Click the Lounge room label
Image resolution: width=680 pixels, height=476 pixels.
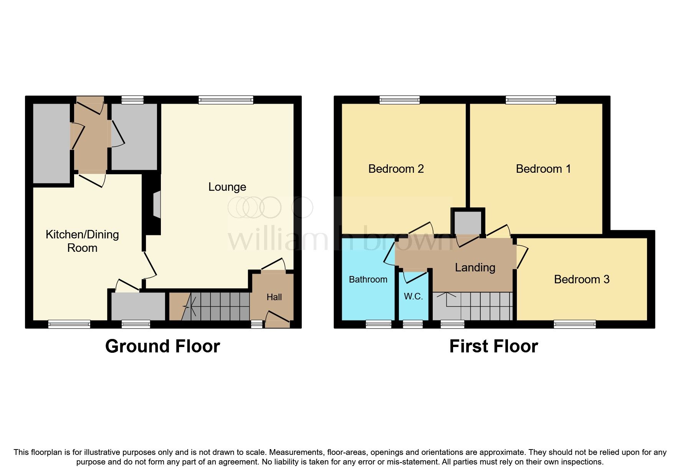click(x=227, y=187)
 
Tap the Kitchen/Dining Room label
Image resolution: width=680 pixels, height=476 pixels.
click(x=82, y=241)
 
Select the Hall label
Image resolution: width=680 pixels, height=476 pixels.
click(x=274, y=297)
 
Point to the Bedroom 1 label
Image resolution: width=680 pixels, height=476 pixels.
click(x=543, y=169)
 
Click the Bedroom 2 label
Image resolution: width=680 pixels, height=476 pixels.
click(x=396, y=169)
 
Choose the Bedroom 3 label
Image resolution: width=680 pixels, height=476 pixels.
click(x=581, y=279)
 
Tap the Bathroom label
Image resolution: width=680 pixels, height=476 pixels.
click(x=368, y=279)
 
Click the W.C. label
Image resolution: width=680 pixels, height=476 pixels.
click(x=413, y=296)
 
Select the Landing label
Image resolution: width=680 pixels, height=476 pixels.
click(x=475, y=268)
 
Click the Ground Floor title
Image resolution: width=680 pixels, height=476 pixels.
click(x=162, y=346)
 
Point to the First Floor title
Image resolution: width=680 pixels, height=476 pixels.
click(x=493, y=346)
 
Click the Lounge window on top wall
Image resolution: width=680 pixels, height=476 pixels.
click(x=226, y=100)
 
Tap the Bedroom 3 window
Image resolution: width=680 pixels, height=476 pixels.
click(x=574, y=324)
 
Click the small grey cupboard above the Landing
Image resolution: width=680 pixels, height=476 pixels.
click(x=467, y=221)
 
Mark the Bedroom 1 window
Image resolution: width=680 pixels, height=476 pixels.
click(x=531, y=100)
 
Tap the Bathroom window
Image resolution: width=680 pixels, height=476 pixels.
click(x=378, y=324)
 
